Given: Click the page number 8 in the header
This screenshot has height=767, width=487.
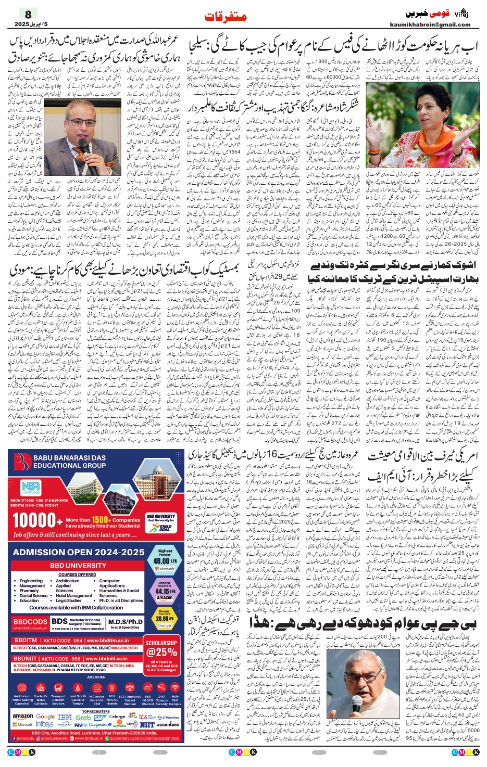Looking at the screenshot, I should point(28,14).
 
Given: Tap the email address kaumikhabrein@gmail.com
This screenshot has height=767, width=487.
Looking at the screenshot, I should point(430,24).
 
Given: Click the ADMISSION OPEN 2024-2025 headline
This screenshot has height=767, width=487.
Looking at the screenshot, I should point(79,552).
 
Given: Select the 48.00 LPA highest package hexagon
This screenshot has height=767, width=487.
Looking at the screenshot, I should point(165,560).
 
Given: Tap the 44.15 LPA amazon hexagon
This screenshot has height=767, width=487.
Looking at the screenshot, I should point(165,591).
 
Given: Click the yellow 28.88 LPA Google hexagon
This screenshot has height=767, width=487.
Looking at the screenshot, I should point(165,619).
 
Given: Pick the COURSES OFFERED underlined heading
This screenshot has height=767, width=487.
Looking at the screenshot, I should point(77,574).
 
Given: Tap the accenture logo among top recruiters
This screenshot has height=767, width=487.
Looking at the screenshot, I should point(168,724).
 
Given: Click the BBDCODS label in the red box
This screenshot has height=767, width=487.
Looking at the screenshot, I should point(30,622).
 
